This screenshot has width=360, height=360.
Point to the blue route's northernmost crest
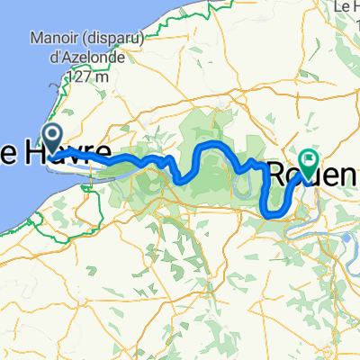(212, 144)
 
